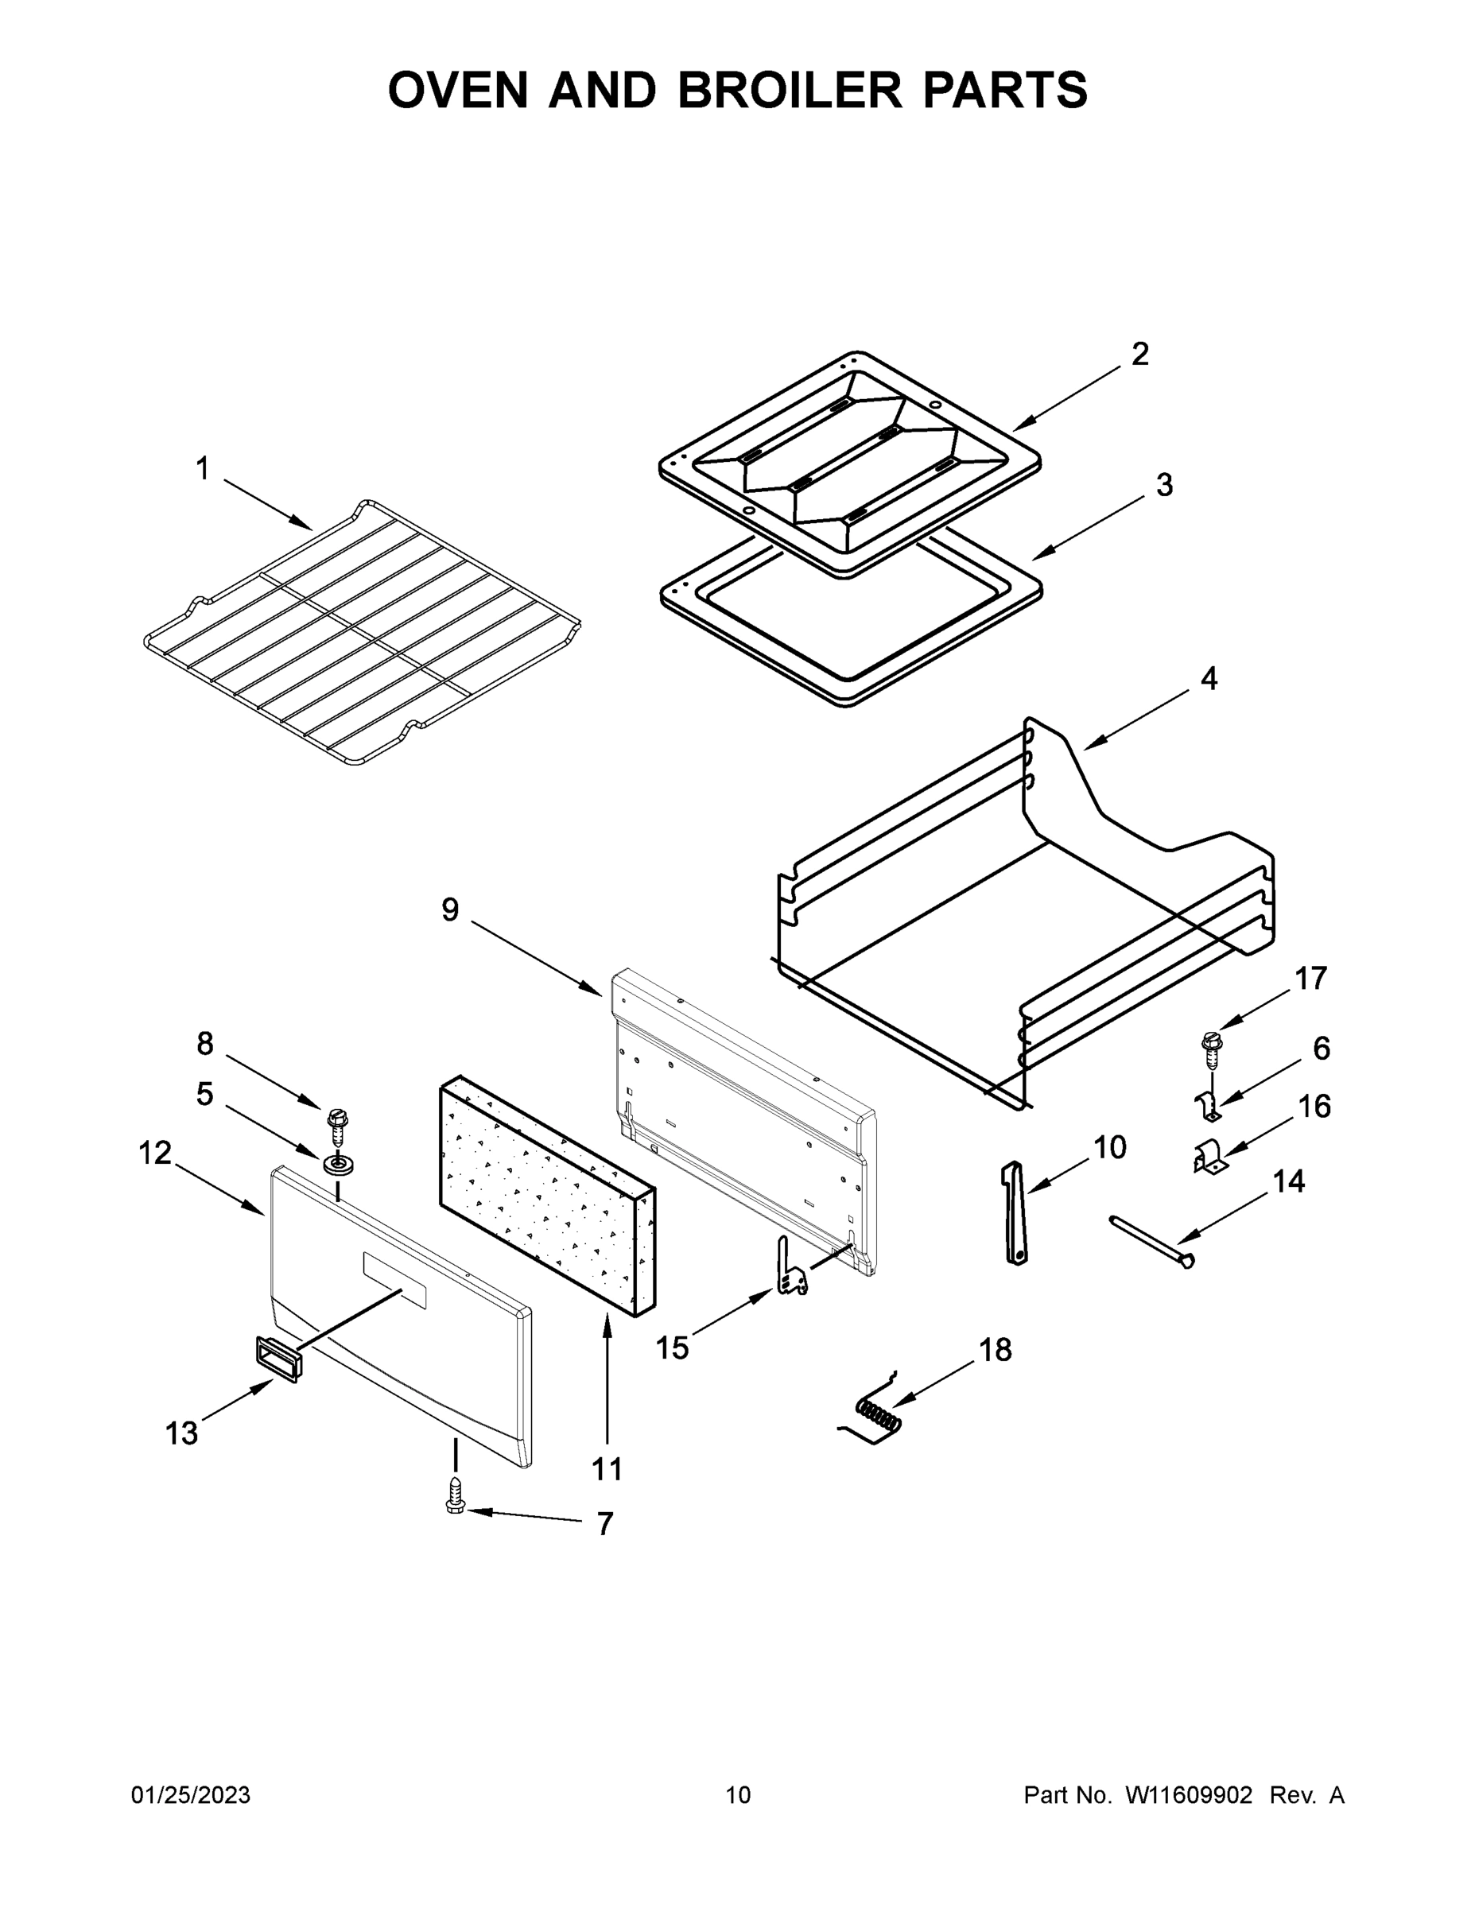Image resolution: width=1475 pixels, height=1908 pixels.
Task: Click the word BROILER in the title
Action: click(790, 91)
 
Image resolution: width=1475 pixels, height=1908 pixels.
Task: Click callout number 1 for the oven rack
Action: click(203, 469)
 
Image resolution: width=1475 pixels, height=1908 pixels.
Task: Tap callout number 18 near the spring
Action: click(995, 1350)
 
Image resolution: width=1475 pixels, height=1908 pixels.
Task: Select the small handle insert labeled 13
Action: click(277, 1359)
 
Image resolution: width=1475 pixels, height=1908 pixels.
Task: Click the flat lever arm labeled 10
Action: click(1014, 1212)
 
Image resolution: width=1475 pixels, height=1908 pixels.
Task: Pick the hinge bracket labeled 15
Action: click(791, 1272)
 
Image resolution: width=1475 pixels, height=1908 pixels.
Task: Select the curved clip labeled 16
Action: click(1208, 1158)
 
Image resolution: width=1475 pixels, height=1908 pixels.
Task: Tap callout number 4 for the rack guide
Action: click(1209, 679)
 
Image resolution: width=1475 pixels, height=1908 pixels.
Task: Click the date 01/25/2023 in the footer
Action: click(191, 1795)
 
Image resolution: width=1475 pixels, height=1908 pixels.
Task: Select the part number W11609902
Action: click(1189, 1795)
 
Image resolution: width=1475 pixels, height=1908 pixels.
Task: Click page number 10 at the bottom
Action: click(739, 1795)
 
